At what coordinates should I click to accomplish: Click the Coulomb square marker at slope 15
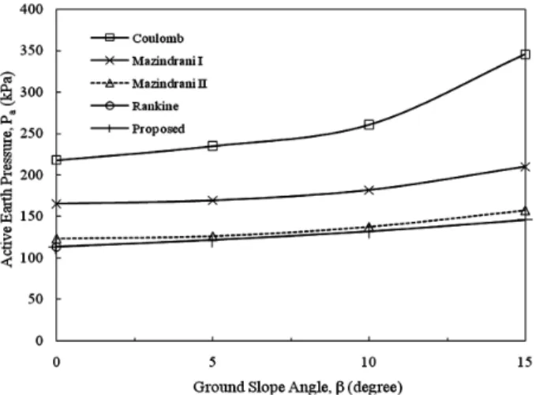click(525, 55)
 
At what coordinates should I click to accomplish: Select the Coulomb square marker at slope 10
click(369, 125)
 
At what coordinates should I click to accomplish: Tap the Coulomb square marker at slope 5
click(212, 146)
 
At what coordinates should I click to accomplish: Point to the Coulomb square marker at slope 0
click(56, 160)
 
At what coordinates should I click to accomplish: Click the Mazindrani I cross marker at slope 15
click(525, 167)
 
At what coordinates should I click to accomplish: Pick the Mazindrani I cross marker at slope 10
click(369, 190)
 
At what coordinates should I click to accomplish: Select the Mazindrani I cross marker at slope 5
click(212, 201)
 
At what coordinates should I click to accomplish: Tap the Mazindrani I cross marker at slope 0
click(56, 204)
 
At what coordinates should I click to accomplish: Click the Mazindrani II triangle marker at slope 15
click(526, 210)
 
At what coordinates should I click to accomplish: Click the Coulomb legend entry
click(137, 38)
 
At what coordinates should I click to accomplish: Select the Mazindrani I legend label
click(167, 61)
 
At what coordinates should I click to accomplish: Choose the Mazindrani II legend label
click(170, 84)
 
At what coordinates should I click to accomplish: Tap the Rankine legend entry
click(134, 106)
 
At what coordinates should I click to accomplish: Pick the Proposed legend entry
click(137, 129)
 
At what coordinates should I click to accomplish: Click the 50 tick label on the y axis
click(36, 299)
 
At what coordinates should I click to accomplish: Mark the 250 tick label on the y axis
click(32, 133)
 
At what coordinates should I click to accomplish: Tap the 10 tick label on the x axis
click(369, 362)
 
